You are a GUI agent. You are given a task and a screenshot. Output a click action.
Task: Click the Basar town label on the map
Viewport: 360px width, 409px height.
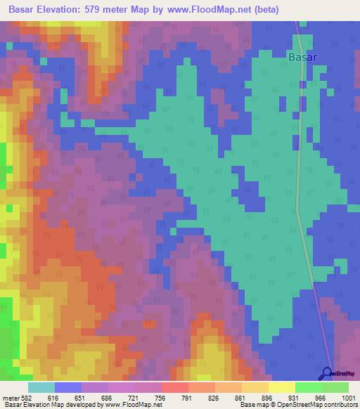[x=303, y=57]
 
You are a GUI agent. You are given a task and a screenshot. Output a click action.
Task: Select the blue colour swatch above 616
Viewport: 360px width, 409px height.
[x=68, y=387]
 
